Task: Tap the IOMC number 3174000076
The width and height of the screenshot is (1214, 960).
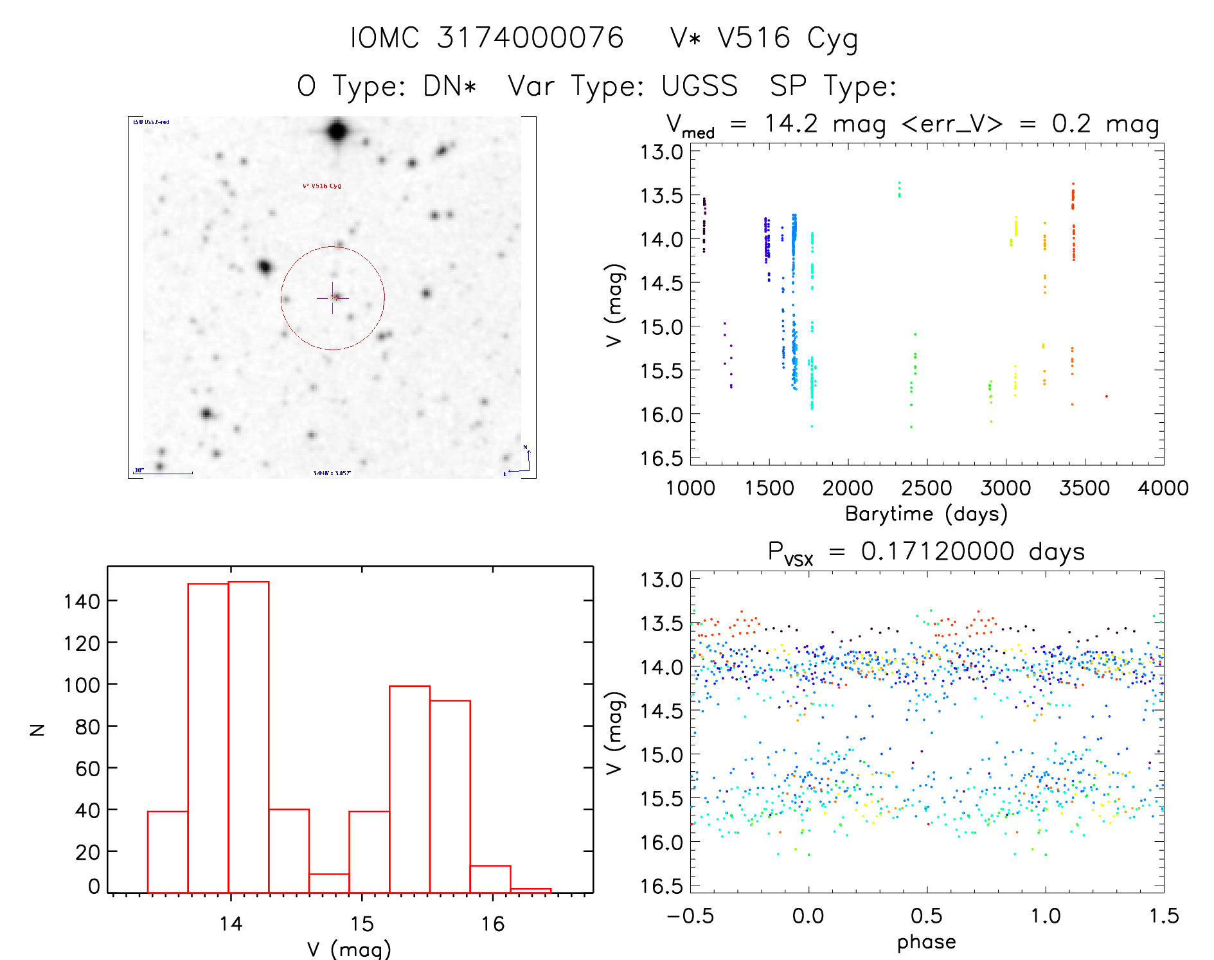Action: point(530,38)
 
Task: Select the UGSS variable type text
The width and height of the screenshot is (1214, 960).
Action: point(700,86)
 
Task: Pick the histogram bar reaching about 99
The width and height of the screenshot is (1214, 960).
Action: point(409,788)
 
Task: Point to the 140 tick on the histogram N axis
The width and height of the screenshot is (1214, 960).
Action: point(82,601)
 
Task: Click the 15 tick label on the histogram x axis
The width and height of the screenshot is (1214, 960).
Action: point(362,924)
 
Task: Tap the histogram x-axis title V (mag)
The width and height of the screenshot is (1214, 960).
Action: point(349,948)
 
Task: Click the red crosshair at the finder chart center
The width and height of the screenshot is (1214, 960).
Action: point(333,298)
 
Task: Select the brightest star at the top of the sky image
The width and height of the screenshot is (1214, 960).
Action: point(338,132)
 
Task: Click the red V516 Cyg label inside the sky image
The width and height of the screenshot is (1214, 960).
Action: point(322,186)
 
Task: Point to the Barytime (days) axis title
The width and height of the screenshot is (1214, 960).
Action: point(926,514)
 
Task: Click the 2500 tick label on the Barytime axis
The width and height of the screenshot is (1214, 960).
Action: point(926,488)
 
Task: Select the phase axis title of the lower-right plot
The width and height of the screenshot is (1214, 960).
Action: point(926,942)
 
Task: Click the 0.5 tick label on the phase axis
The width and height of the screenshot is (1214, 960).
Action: point(926,916)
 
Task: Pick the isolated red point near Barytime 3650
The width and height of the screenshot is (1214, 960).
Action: point(1106,396)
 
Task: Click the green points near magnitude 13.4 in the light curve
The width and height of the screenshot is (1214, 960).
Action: point(899,189)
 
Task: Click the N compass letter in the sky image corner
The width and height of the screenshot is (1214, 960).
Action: point(525,447)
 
